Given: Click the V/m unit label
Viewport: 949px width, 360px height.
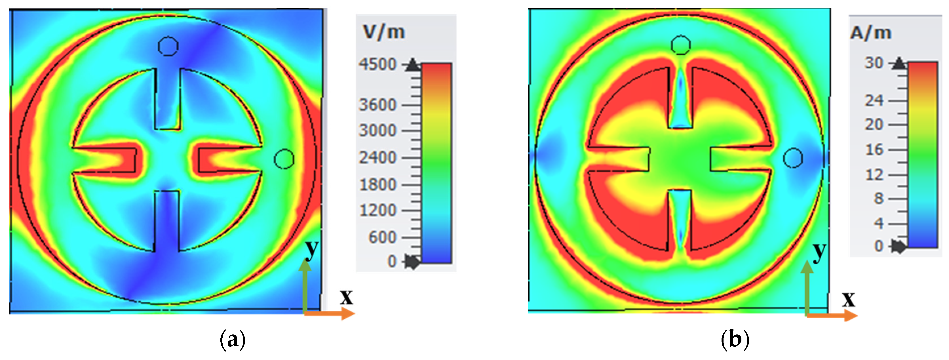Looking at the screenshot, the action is coord(384,32).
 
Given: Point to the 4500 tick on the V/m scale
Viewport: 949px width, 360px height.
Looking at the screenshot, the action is coord(378,64).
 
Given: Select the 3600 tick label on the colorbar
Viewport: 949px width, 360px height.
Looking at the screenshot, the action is coord(378,105).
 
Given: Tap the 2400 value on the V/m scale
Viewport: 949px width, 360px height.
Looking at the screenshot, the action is coord(378,158).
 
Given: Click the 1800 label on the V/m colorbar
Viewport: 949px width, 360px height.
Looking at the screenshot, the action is coord(378,185).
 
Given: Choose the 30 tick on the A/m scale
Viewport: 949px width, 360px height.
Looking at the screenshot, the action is coord(874,63).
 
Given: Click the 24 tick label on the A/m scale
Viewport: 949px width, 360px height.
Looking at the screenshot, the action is coord(874,100).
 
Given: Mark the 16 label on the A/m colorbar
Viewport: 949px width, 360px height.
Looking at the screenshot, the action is coord(874,150).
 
